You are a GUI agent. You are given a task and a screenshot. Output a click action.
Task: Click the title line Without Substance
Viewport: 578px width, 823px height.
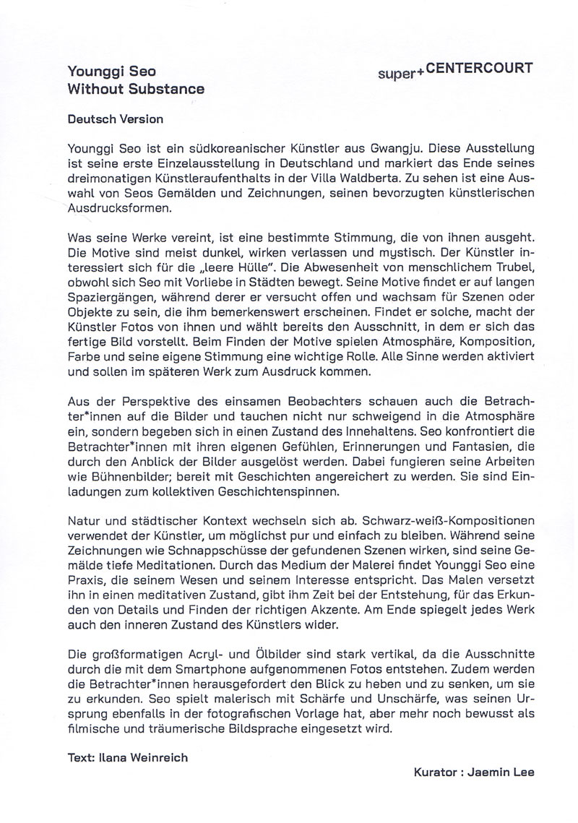click(x=135, y=90)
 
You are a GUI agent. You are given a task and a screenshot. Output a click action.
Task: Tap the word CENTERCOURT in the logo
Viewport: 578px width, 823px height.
click(x=493, y=69)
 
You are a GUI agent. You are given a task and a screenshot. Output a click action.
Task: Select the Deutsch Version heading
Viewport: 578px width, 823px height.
click(x=115, y=119)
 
